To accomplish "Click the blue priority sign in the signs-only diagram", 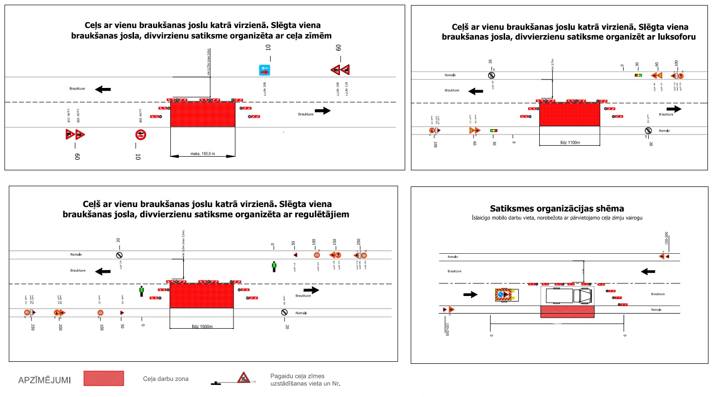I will pos(265,70).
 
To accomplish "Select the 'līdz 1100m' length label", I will pos(569,143).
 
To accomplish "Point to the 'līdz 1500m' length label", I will pos(201,327).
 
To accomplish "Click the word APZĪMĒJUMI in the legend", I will pos(44,380).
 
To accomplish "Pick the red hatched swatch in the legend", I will pos(103,378).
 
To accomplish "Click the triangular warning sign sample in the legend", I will pos(244,378).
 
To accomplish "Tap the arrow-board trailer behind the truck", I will pos(506,294).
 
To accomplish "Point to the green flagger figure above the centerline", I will pos(274,266).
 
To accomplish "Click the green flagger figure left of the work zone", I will pos(142,291).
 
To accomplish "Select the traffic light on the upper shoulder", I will pos(638,75).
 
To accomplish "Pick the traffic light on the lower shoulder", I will pos(494,131).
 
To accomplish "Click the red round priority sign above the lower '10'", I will pos(141,135).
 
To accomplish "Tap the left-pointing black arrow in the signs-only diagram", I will pos(103,89).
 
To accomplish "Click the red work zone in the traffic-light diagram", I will pos(569,114).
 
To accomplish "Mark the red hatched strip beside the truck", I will pos(567,312).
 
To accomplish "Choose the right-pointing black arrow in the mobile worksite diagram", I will pos(470,294).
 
